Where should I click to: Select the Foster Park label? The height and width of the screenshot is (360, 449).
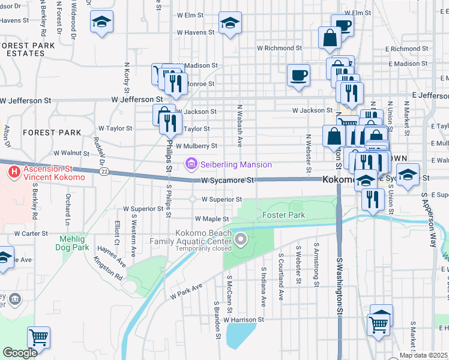[x=283, y=215]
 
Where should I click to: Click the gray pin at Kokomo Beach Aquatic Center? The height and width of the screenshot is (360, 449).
[x=241, y=241]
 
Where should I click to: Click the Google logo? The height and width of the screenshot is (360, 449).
[x=20, y=353]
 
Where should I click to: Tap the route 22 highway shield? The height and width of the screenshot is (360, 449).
[x=104, y=172]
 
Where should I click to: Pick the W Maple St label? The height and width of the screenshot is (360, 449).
[x=211, y=220]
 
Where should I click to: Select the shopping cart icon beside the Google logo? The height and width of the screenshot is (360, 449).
[x=38, y=337]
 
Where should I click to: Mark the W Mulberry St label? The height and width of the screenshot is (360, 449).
[x=196, y=146]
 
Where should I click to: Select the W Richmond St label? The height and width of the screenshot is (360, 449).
[x=279, y=47]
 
